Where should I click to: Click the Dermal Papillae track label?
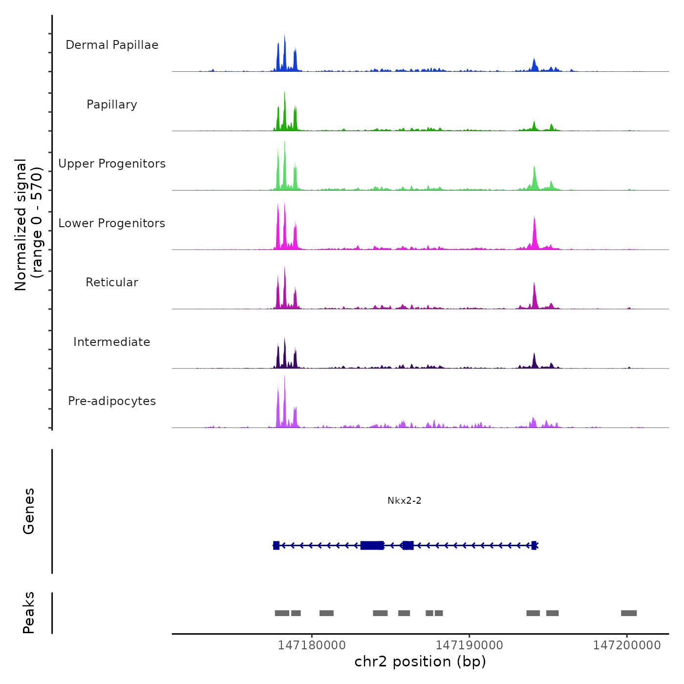[112, 45]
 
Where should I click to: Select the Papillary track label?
[112, 105]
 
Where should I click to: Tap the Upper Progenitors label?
[112, 164]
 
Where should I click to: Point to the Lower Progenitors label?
[112, 223]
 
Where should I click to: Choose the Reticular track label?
[112, 282]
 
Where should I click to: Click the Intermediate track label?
[112, 342]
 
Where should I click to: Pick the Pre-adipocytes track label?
[112, 401]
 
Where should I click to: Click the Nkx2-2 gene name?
[404, 501]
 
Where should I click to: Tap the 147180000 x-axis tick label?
[312, 645]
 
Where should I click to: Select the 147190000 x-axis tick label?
[469, 645]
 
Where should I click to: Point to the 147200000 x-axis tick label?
[627, 645]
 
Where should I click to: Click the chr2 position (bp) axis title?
[420, 662]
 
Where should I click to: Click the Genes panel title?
[29, 511]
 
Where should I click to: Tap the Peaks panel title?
[29, 613]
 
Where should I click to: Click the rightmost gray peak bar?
[629, 613]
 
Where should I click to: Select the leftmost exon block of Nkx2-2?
[276, 545]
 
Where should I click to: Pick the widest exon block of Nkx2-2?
[372, 545]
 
